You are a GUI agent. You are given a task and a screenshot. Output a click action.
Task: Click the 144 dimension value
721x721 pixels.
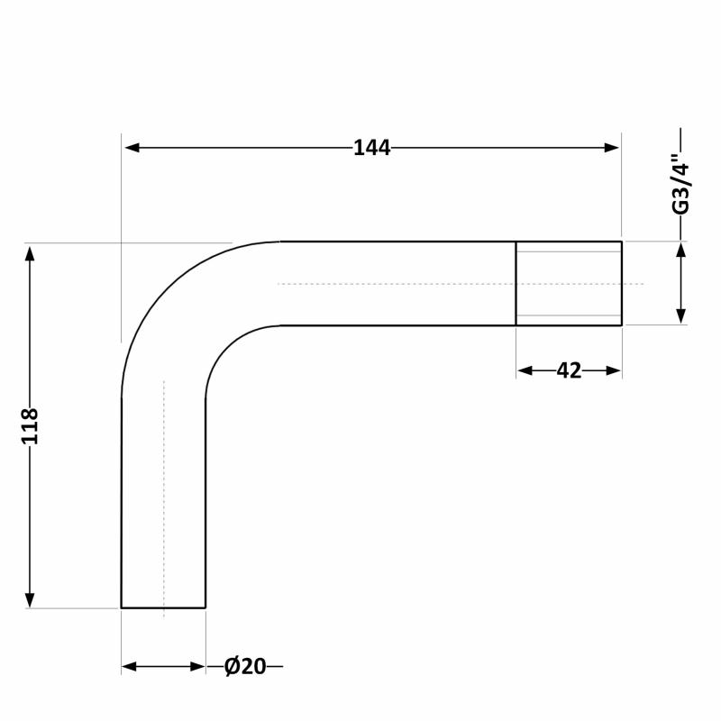pyautogui.click(x=372, y=148)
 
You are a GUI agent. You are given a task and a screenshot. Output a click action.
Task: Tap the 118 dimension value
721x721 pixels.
pyautogui.click(x=30, y=426)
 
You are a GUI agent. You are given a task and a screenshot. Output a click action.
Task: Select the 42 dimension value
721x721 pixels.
pyautogui.click(x=569, y=370)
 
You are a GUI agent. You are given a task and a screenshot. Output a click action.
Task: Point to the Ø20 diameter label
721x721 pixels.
pyautogui.click(x=245, y=666)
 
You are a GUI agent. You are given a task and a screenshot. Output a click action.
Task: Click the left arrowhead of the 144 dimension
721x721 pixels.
pyautogui.click(x=132, y=148)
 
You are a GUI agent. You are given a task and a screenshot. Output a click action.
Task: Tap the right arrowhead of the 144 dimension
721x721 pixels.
pyautogui.click(x=612, y=148)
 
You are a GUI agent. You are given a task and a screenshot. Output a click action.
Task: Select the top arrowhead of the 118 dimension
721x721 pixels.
pyautogui.click(x=30, y=254)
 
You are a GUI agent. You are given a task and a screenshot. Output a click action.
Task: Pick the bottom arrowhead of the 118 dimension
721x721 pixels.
pyautogui.click(x=30, y=599)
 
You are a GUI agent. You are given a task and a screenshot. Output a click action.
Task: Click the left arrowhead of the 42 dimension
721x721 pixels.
pyautogui.click(x=525, y=370)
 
